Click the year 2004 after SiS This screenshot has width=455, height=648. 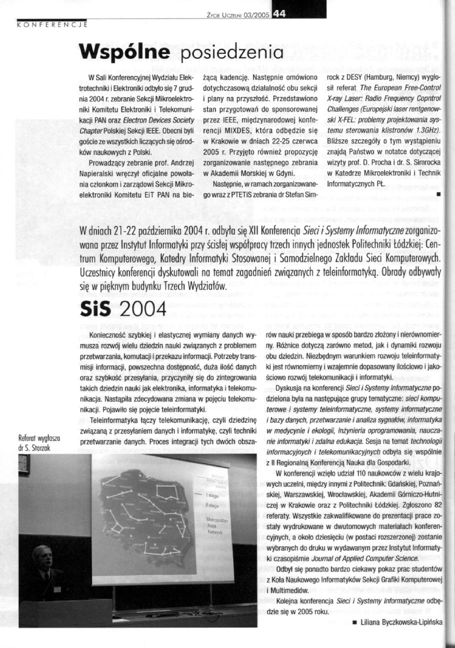click(141, 311)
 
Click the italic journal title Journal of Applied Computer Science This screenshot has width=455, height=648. click(367, 557)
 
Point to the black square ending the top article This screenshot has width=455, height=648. click(437, 192)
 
